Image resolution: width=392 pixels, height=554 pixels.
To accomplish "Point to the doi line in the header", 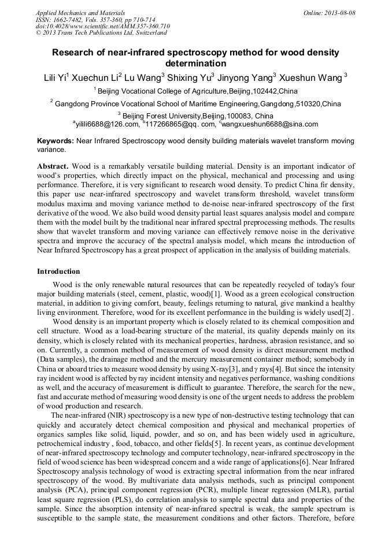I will tap(102, 26).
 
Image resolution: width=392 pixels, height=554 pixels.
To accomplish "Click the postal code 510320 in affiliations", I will tap(308, 104).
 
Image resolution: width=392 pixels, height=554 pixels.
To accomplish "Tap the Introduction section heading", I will tap(58, 272).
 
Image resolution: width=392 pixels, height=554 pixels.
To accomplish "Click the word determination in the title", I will tap(195, 63).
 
